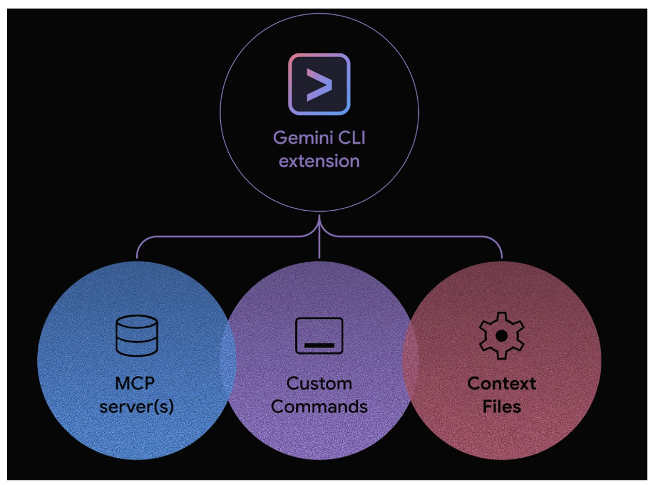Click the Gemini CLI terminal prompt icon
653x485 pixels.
(x=319, y=84)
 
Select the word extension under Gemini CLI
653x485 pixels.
(x=319, y=161)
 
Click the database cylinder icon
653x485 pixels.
(x=137, y=335)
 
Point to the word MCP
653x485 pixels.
(x=137, y=383)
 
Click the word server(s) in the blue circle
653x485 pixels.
(x=137, y=406)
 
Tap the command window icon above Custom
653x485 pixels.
(x=319, y=335)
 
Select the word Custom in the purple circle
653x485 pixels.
(x=319, y=383)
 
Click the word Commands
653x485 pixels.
(x=319, y=406)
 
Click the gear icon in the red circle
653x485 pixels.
(x=501, y=335)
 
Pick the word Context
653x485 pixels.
(x=501, y=383)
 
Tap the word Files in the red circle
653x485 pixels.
(x=501, y=406)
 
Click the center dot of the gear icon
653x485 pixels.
(x=501, y=335)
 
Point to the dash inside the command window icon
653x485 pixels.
(x=319, y=345)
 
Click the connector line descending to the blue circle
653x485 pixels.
(x=137, y=249)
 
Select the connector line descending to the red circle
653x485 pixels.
(x=501, y=249)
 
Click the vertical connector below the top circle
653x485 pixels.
(x=319, y=244)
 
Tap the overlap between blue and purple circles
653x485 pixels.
(x=228, y=360)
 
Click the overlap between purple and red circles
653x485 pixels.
(x=410, y=360)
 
